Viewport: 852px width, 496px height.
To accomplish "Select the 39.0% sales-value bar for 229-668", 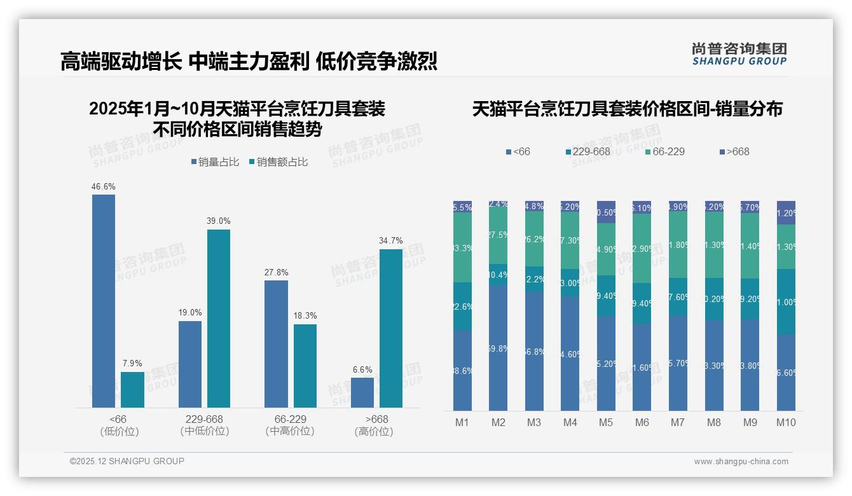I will (219, 318).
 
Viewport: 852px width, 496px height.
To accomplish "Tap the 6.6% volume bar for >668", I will (362, 392).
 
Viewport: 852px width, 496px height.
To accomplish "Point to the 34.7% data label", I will (391, 240).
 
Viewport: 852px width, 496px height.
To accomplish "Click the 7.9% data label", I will (132, 363).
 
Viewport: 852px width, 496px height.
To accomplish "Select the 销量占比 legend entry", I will (215, 162).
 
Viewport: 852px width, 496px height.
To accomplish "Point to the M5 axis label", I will (606, 422).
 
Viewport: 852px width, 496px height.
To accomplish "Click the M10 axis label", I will (786, 422).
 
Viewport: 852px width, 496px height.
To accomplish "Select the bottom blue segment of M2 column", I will (498, 348).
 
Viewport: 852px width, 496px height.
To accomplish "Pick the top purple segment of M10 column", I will (786, 213).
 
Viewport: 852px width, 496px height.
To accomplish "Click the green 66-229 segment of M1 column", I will (462, 247).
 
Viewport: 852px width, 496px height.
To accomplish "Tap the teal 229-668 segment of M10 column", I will (786, 301).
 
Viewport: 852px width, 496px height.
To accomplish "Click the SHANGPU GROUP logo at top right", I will (739, 54).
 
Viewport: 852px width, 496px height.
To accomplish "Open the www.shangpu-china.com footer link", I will (741, 462).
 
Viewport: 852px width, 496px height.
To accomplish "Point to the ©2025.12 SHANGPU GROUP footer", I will (127, 461).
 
